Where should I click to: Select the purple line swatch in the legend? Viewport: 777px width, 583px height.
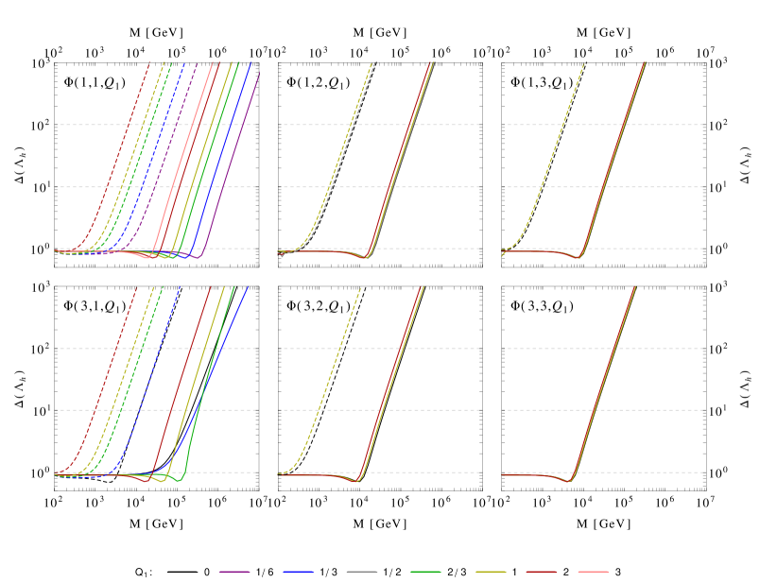(234, 571)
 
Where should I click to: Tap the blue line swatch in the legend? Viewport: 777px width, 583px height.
(298, 571)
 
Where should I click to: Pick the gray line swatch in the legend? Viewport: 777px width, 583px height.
(361, 571)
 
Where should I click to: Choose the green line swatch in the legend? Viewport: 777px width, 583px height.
(425, 571)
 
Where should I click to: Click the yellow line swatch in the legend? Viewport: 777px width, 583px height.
(491, 571)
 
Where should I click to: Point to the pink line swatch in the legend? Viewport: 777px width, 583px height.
(593, 571)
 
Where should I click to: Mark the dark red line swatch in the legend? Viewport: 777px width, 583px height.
(541, 571)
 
